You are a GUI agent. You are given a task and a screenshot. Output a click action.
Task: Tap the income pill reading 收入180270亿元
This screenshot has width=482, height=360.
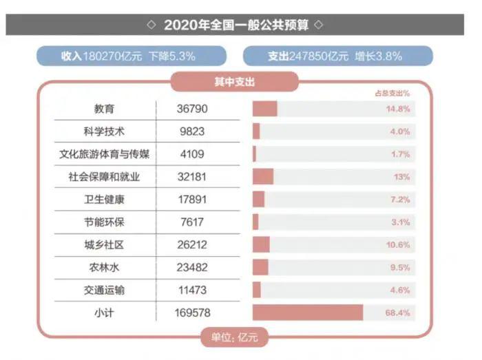click(131, 56)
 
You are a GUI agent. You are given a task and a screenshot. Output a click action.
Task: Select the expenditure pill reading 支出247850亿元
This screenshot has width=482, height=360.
click(337, 56)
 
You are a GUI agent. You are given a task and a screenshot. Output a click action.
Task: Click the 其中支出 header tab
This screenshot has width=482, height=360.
click(234, 82)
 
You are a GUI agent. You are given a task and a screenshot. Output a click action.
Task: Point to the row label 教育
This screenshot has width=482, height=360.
click(104, 109)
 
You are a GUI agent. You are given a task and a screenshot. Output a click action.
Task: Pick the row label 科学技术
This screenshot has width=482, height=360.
click(104, 131)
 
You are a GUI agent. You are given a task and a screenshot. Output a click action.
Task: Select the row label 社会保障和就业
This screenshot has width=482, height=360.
click(104, 177)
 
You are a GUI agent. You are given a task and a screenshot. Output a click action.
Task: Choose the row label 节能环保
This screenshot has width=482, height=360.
click(104, 222)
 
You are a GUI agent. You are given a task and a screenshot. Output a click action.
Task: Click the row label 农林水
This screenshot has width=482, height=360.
click(104, 267)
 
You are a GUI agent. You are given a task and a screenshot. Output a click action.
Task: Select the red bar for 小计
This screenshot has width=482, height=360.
click(307, 313)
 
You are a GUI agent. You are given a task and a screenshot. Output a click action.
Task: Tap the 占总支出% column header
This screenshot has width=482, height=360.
click(392, 92)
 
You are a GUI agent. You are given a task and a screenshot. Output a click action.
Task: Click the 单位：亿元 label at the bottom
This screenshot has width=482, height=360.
click(233, 338)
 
